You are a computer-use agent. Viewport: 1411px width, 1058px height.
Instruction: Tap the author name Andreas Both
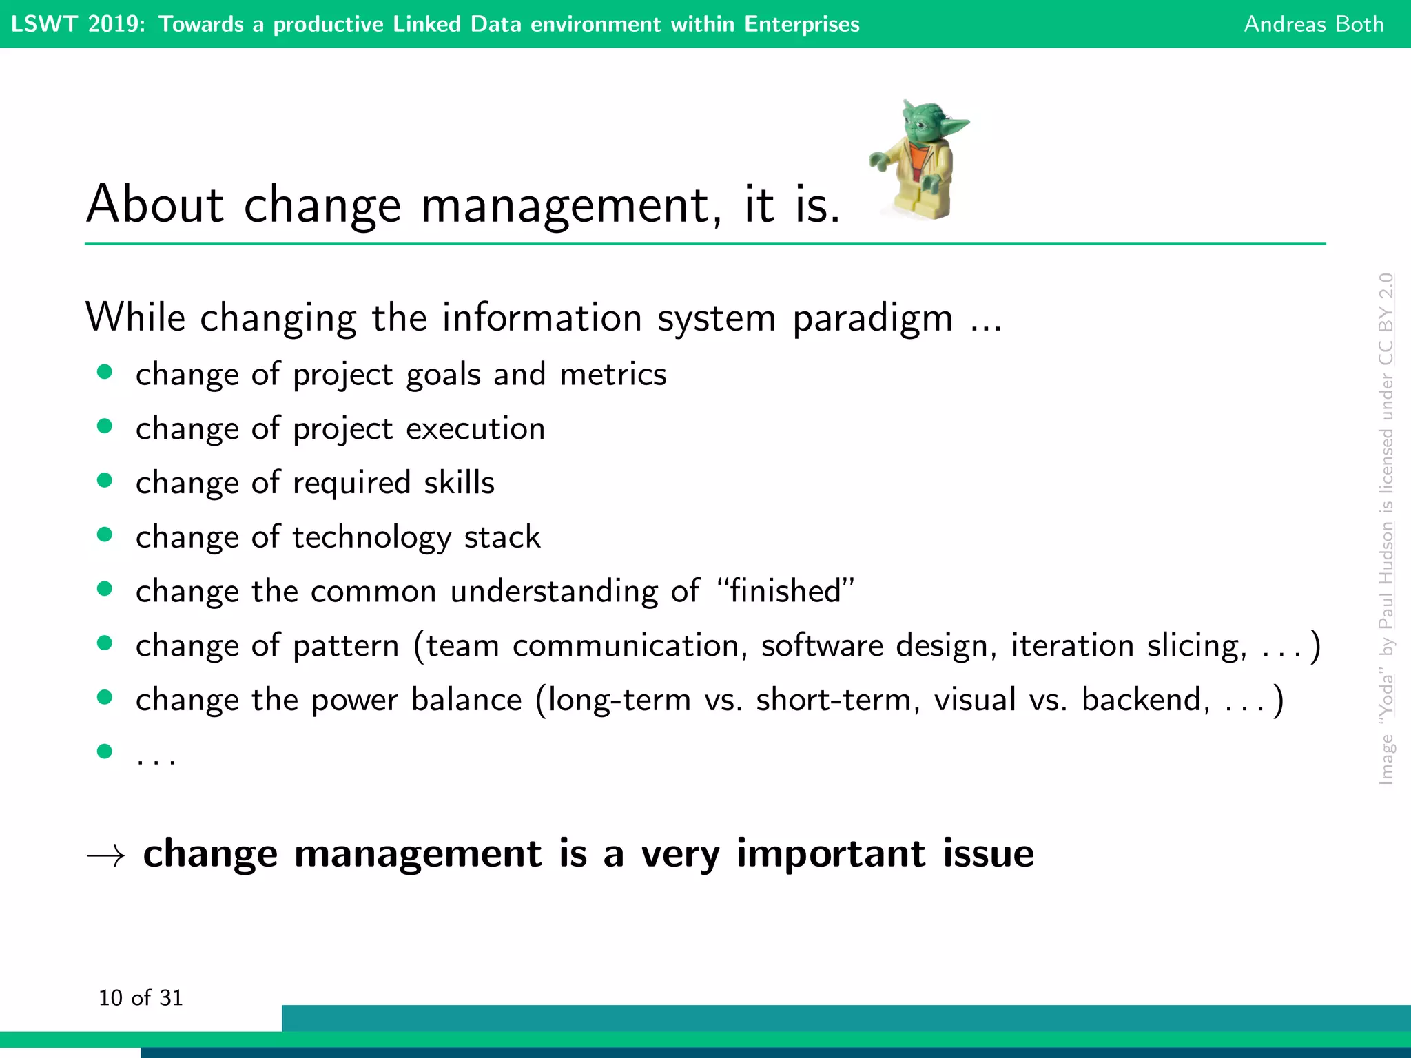pyautogui.click(x=1313, y=24)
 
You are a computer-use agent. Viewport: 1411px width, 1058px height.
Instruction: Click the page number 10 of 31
pyautogui.click(x=141, y=997)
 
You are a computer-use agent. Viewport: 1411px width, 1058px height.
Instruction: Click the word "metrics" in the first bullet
pyautogui.click(x=612, y=375)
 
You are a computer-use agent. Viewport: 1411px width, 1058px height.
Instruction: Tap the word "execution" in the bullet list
pyautogui.click(x=475, y=428)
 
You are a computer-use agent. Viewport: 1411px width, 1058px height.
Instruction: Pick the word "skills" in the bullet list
pyautogui.click(x=459, y=482)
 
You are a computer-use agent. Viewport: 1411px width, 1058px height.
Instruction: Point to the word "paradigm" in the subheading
pyautogui.click(x=872, y=318)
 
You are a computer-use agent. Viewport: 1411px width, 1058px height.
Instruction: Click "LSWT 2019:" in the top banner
pyautogui.click(x=78, y=24)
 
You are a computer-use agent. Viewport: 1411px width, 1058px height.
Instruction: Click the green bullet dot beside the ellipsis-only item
pyautogui.click(x=105, y=750)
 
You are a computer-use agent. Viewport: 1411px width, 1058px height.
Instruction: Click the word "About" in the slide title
pyautogui.click(x=155, y=205)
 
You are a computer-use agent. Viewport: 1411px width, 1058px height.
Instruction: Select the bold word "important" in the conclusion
pyautogui.click(x=831, y=853)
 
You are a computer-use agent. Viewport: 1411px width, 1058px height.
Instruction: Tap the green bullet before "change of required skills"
pyautogui.click(x=105, y=480)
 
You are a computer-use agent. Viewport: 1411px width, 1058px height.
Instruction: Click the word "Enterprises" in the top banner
pyautogui.click(x=801, y=24)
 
